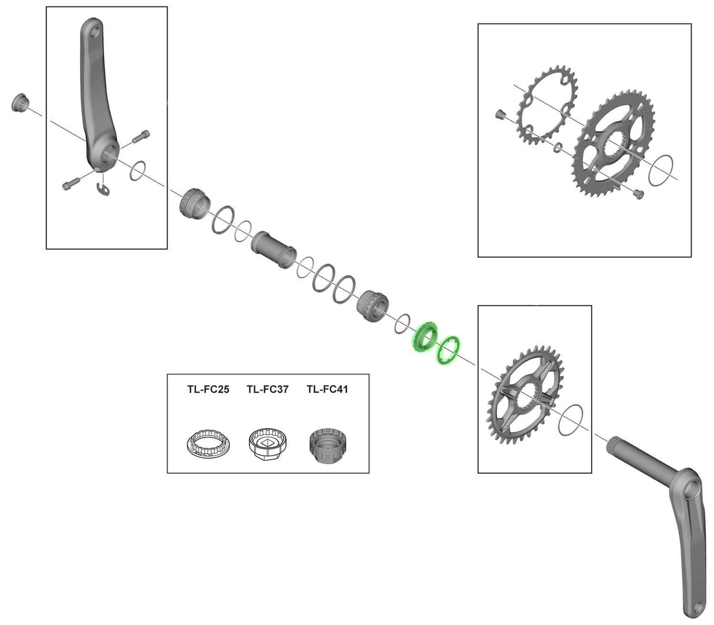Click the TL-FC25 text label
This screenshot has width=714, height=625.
click(x=208, y=389)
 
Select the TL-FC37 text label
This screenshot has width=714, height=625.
click(x=268, y=389)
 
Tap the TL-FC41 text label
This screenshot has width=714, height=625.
click(x=327, y=389)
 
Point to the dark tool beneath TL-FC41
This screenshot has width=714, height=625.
click(x=328, y=446)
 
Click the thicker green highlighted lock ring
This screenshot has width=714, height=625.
click(x=424, y=337)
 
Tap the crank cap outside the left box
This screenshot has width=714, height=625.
click(x=19, y=103)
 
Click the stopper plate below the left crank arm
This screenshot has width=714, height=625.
click(x=104, y=187)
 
